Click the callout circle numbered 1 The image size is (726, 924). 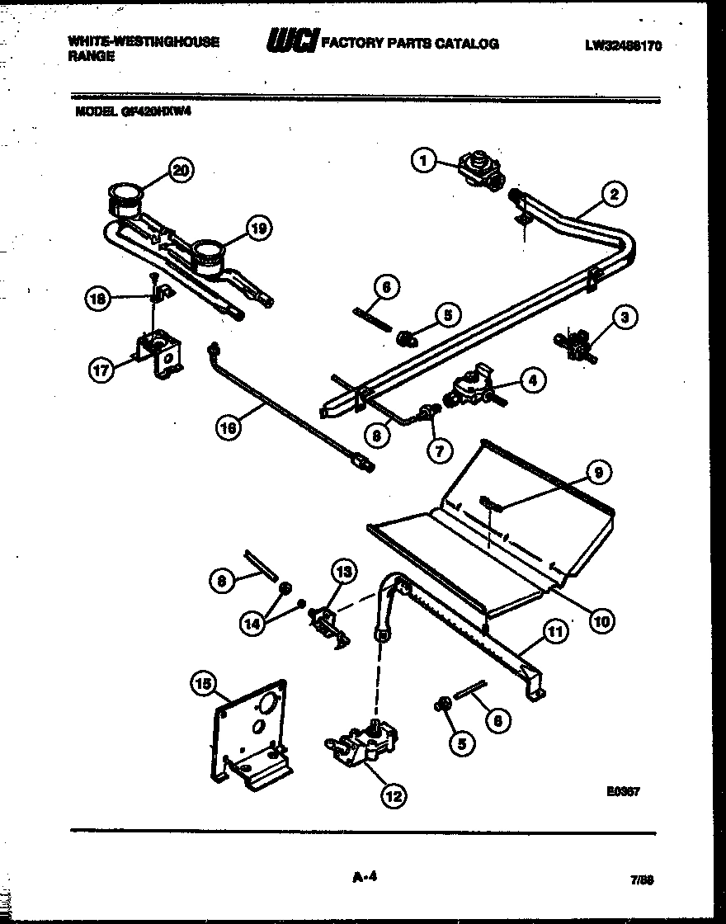click(424, 160)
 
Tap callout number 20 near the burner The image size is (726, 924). click(179, 171)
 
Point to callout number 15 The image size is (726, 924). click(202, 682)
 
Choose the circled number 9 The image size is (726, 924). click(599, 473)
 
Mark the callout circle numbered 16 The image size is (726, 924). click(229, 427)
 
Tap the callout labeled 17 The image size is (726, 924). click(100, 370)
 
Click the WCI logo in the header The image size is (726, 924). click(290, 42)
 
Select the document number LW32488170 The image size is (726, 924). click(623, 46)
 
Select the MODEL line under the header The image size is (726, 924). click(133, 115)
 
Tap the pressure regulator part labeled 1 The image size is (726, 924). click(479, 168)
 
